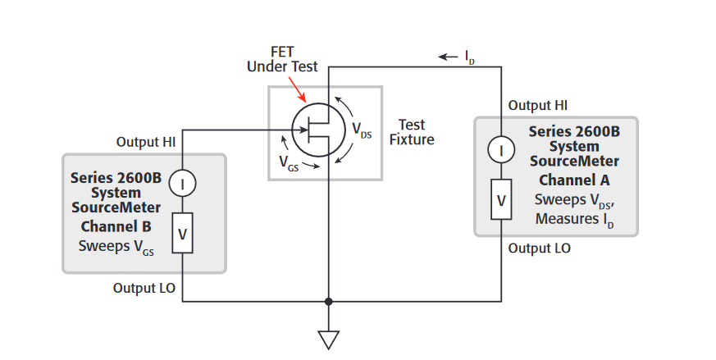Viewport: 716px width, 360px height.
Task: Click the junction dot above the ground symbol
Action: click(x=328, y=301)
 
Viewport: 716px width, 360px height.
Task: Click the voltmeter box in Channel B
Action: click(x=183, y=234)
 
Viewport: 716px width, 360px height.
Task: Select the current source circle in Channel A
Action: click(x=502, y=149)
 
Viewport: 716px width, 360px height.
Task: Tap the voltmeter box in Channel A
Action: click(x=502, y=199)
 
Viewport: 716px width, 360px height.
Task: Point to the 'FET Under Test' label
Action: click(x=283, y=59)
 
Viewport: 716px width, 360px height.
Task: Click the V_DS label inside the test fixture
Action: click(x=362, y=130)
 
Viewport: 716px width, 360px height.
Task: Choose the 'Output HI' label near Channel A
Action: click(x=538, y=105)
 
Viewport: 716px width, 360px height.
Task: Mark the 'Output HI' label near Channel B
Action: click(x=146, y=142)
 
